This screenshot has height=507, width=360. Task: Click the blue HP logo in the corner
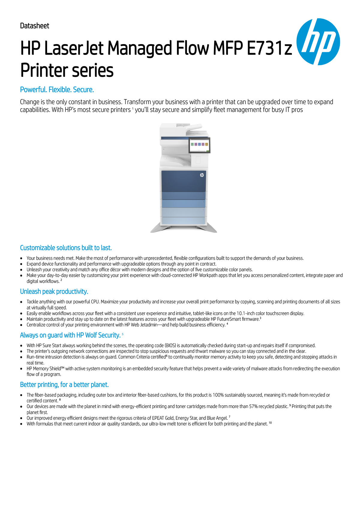318,42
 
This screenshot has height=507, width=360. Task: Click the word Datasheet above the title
34,26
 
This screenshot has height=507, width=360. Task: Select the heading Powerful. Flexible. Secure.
57,90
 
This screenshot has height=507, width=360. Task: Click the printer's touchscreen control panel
199,145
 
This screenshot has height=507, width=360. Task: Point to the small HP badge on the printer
202,175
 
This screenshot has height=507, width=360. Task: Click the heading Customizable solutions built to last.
66,248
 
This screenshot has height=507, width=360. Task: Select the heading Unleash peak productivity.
54,292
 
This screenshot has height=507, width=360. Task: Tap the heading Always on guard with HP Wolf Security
70,335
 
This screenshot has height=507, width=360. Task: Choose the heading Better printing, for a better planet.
64,385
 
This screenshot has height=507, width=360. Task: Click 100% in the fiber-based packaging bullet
218,395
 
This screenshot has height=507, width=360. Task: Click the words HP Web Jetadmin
141,325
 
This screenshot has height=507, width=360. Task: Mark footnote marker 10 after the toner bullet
270,423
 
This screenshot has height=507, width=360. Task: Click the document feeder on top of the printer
192,128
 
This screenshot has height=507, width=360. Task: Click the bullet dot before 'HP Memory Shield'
21,369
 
